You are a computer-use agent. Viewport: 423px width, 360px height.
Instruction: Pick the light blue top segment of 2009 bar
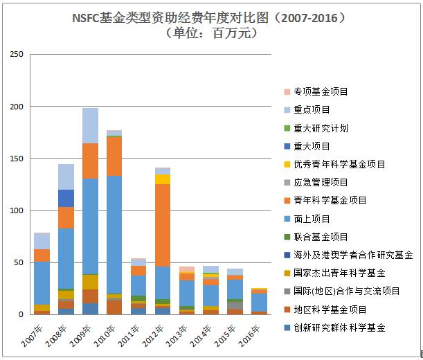tap(90, 125)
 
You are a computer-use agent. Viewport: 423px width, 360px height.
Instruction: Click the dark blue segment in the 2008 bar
tap(66, 198)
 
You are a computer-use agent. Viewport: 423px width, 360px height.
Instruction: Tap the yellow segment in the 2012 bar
tap(163, 179)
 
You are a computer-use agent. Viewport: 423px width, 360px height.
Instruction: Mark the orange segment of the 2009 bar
tap(90, 161)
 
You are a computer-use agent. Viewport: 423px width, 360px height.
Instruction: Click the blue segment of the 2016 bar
tap(260, 303)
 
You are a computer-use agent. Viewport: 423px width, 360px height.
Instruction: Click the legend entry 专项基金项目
tap(320, 91)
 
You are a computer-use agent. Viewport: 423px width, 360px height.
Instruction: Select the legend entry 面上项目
tap(311, 218)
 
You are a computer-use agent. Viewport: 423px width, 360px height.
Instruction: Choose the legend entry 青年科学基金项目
tap(330, 200)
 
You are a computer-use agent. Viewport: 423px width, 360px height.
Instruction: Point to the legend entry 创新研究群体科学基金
tap(339, 327)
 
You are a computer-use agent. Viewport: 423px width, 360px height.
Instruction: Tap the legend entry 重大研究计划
tap(320, 128)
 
